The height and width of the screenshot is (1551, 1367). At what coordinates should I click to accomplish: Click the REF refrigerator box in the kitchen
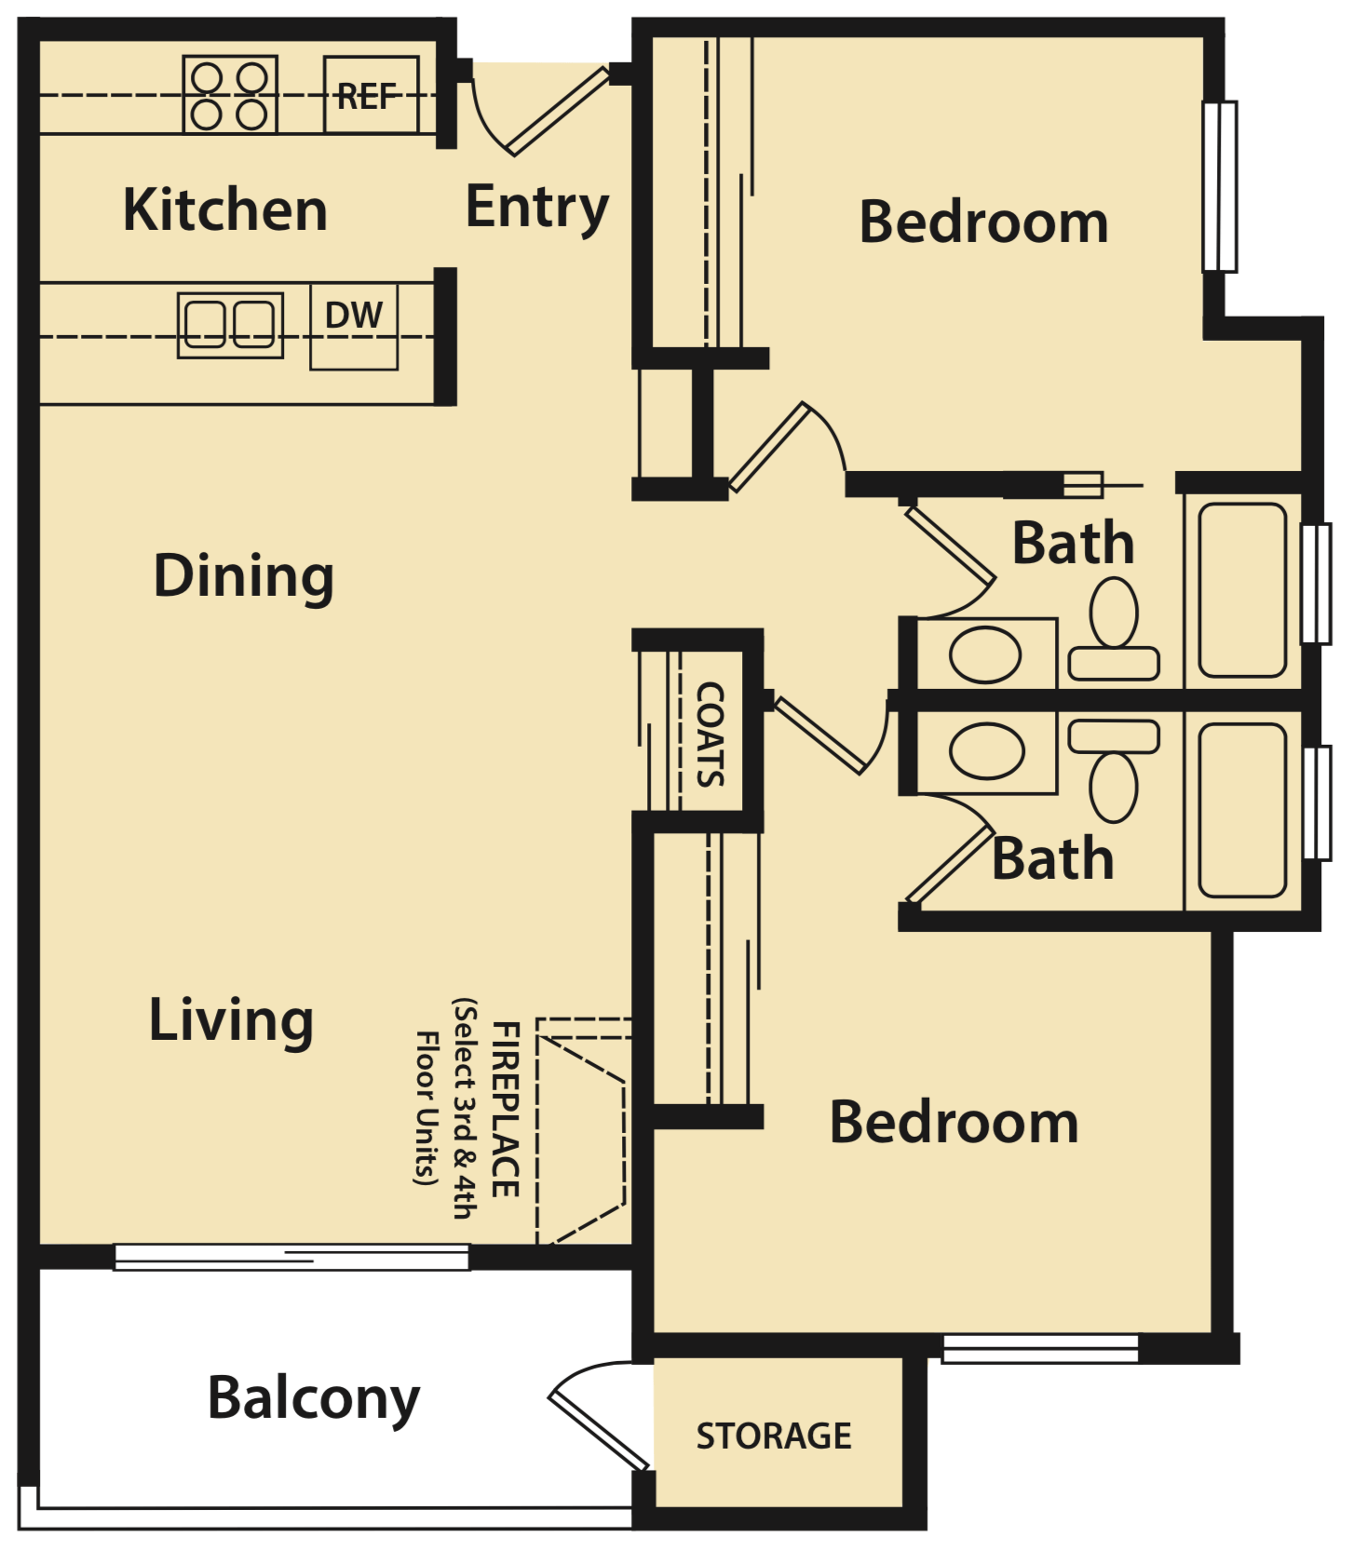point(371,95)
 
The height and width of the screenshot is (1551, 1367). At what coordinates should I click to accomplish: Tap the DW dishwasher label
point(354,317)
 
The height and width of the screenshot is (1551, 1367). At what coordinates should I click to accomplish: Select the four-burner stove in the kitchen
point(230,95)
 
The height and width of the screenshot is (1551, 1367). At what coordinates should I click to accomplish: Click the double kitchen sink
point(230,325)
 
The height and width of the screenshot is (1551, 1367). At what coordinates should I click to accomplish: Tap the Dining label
point(244,575)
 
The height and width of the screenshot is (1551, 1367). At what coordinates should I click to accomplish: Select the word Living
point(231,1019)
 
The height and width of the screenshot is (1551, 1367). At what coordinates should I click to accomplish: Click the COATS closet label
point(711,734)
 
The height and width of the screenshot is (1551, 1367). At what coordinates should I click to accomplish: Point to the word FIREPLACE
point(506,1108)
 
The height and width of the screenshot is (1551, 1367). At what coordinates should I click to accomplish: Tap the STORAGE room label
point(774,1436)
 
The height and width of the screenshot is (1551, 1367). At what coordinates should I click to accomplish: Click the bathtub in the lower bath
point(1242,810)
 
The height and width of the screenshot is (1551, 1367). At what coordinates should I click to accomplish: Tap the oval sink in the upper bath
point(985,654)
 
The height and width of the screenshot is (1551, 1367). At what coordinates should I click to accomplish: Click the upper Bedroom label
point(983,223)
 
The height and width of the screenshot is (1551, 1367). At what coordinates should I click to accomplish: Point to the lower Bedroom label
point(954,1123)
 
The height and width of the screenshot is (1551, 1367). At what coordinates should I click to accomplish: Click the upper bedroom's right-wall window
point(1220,186)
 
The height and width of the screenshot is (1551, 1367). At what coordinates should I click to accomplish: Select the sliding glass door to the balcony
point(291,1257)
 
